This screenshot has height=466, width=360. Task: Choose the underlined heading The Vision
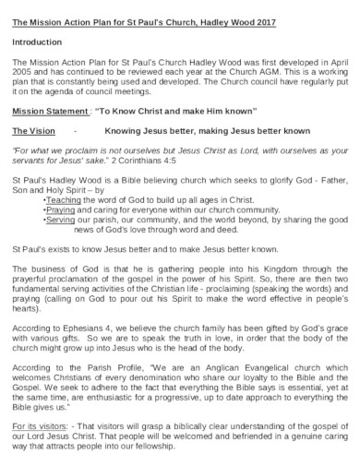pos(35,131)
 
